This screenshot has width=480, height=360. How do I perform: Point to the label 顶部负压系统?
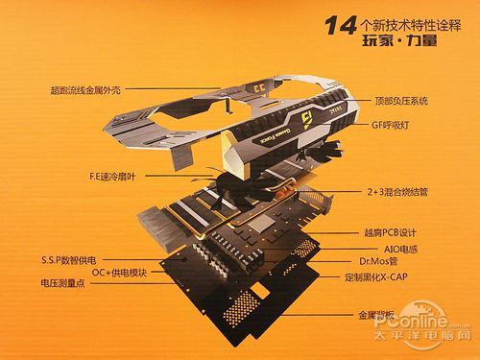pyautogui.click(x=397, y=99)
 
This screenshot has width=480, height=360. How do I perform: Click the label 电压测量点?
pyautogui.click(x=66, y=285)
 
